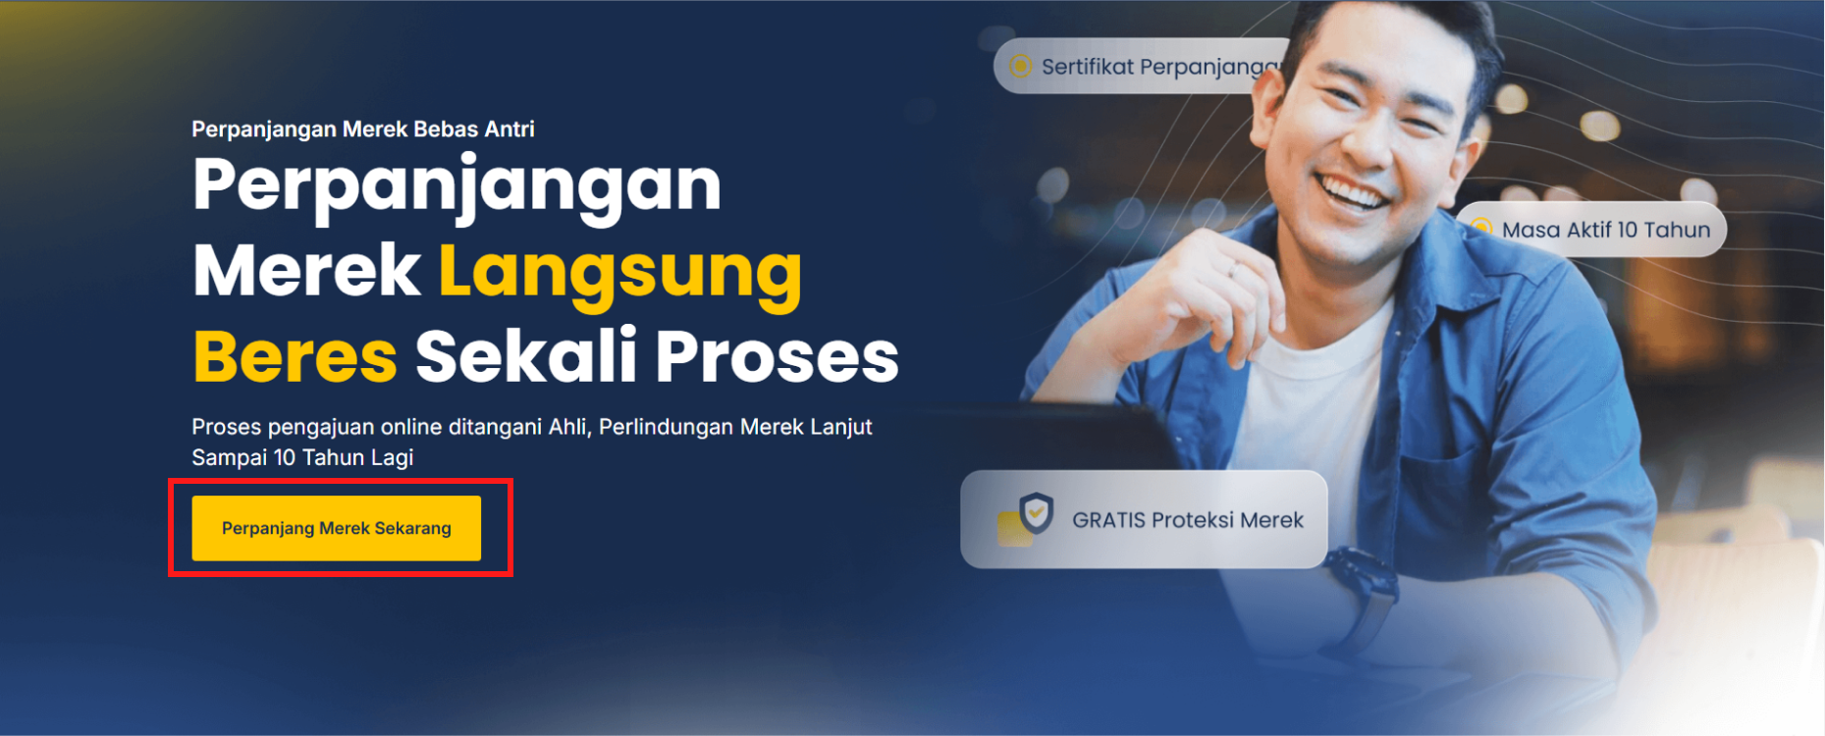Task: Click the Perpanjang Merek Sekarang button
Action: pos(336,528)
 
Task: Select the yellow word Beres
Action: pos(295,356)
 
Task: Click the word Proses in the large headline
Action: pos(777,356)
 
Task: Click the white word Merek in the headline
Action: pos(306,270)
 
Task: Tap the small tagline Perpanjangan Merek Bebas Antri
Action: pos(363,129)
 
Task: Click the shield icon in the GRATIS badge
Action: pos(1036,512)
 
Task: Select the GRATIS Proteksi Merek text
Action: pos(1188,520)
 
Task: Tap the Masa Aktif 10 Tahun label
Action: pos(1606,230)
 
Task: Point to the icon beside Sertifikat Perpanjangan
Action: pos(1021,66)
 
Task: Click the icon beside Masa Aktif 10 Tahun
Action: pos(1481,229)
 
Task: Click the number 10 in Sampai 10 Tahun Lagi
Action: pos(285,457)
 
